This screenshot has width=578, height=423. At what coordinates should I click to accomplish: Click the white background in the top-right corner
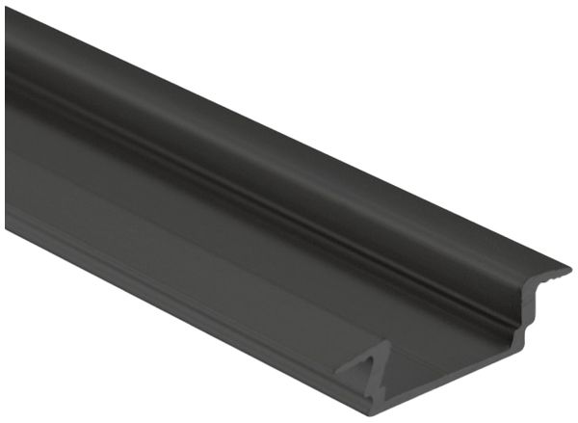539,39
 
